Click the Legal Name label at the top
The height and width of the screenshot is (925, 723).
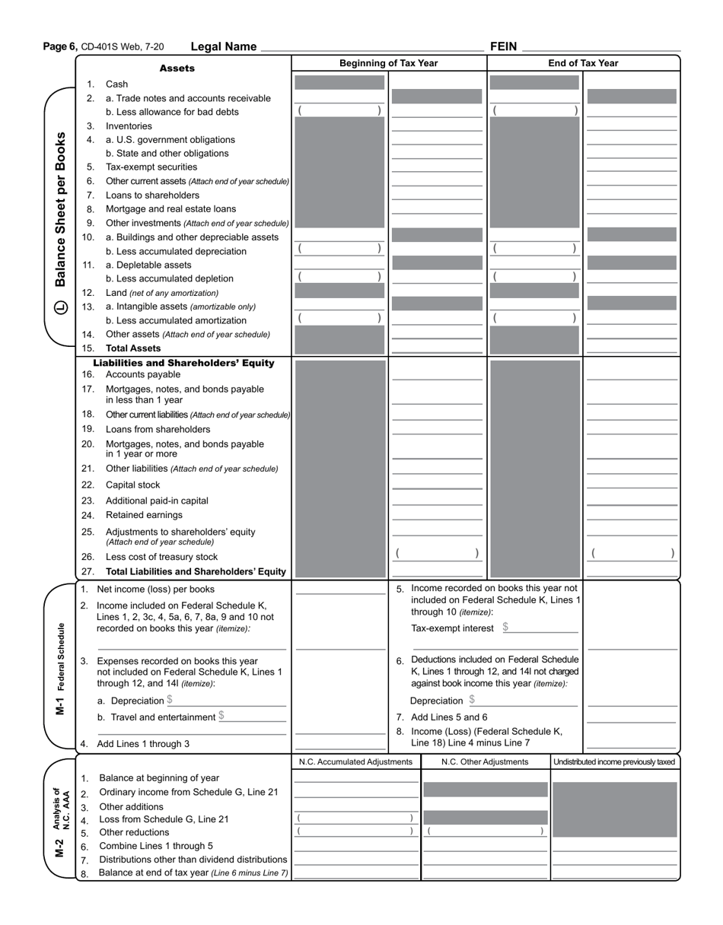[x=223, y=46]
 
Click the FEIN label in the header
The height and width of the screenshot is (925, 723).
[x=503, y=46]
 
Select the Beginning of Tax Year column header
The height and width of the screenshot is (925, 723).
[x=388, y=63]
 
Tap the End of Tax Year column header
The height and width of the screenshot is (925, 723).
[x=583, y=63]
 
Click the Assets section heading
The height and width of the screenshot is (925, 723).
[x=177, y=68]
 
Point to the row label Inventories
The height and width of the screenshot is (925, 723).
[x=129, y=126]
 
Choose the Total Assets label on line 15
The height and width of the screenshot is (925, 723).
[x=133, y=348]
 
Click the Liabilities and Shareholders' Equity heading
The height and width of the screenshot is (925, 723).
[x=183, y=363]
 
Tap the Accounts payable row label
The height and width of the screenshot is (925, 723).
[x=143, y=375]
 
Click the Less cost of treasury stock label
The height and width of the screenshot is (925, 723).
[x=161, y=557]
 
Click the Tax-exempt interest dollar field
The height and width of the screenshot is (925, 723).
[x=540, y=628]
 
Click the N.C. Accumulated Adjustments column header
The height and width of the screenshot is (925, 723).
[x=355, y=762]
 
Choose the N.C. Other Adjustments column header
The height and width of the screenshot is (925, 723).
[x=485, y=762]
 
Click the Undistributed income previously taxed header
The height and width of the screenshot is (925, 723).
[x=614, y=762]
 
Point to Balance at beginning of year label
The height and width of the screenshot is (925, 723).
[x=159, y=778]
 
